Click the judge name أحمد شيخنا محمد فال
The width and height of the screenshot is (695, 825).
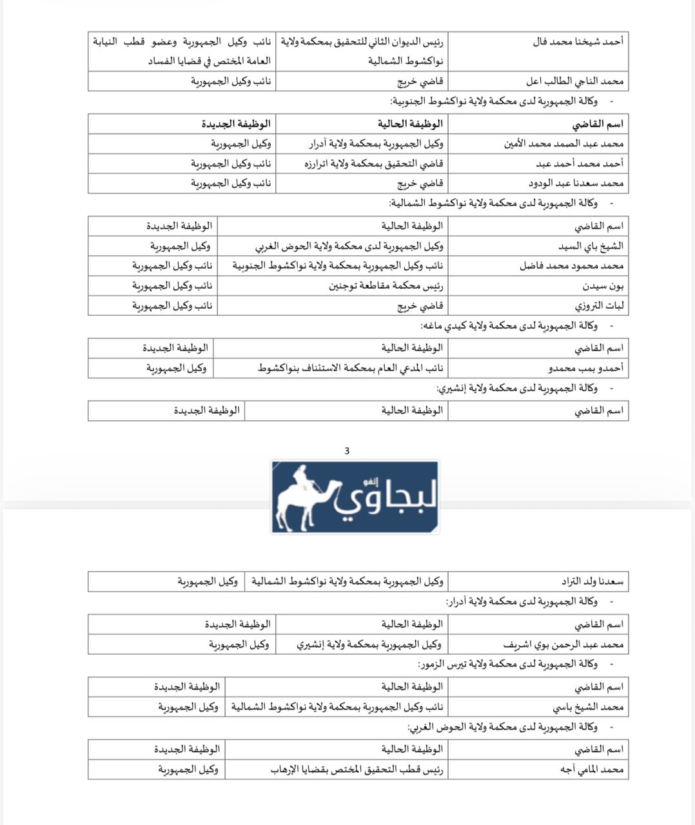[x=578, y=42]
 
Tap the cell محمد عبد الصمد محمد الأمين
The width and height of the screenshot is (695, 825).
[x=564, y=144]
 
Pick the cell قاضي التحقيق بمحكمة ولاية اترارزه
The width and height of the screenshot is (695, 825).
[x=373, y=164]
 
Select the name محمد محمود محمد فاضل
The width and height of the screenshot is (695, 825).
[x=572, y=266]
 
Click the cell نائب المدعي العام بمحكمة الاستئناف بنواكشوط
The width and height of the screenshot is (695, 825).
[x=351, y=368]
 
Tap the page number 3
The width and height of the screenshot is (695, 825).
[x=347, y=451]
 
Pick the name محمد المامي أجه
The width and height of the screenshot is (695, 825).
[x=591, y=769]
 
